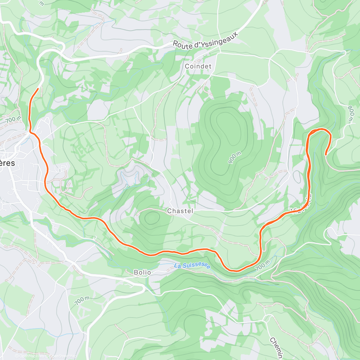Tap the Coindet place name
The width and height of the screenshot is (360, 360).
[198, 66]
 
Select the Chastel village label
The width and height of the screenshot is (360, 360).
[180, 211]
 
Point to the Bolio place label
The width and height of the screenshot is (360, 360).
[142, 272]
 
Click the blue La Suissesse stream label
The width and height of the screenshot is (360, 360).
[192, 266]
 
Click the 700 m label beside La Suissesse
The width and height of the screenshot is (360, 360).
[263, 265]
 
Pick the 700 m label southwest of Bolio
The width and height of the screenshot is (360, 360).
[82, 301]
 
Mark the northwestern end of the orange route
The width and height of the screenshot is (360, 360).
[38, 88]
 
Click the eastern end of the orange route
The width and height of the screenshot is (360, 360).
[326, 155]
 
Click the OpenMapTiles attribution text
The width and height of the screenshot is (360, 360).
[29, 356]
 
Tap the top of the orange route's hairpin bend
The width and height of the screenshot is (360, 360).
[320, 129]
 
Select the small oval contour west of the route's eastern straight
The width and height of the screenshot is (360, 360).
[297, 176]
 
